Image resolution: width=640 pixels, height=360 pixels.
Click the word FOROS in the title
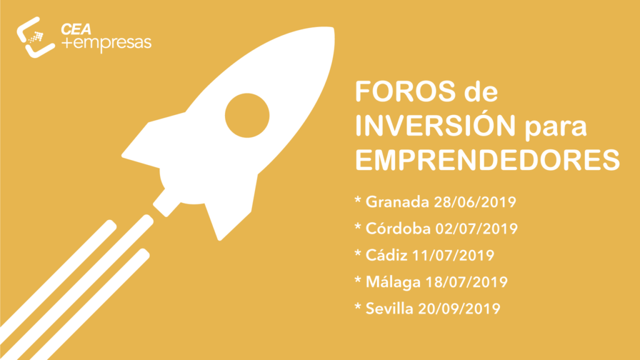(x=405, y=91)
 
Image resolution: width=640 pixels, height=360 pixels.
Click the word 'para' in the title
(x=556, y=127)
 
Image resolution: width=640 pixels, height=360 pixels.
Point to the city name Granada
(x=397, y=202)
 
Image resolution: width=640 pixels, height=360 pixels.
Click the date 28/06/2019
(x=475, y=202)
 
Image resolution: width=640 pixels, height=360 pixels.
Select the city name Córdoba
(x=398, y=229)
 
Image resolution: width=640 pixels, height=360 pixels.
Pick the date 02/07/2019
(x=477, y=229)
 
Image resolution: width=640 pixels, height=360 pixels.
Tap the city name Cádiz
(x=386, y=255)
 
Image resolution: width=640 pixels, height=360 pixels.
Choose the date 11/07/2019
(x=454, y=256)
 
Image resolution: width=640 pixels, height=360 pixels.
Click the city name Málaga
(x=393, y=282)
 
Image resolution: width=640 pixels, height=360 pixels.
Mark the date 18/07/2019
(x=466, y=282)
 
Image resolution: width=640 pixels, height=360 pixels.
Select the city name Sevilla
(x=389, y=309)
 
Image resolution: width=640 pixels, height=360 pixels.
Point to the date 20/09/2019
(x=459, y=309)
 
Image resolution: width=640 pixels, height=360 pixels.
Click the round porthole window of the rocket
(x=247, y=116)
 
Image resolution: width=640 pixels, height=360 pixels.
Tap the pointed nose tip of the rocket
(x=332, y=28)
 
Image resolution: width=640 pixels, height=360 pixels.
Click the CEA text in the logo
(x=76, y=29)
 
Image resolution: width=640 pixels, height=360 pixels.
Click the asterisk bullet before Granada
(x=358, y=200)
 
